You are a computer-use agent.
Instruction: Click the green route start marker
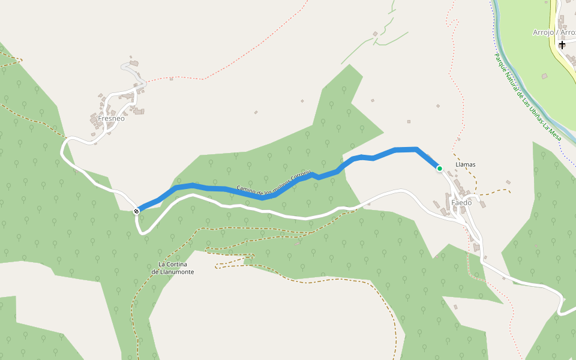[439, 169]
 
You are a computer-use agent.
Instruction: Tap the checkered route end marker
[137, 211]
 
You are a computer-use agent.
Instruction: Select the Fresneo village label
[111, 119]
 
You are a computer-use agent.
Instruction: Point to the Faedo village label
[461, 203]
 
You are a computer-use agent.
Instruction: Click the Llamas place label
[466, 164]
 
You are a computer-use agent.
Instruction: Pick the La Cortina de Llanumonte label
[173, 268]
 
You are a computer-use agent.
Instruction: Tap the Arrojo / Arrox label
[554, 32]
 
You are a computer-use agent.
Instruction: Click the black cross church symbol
[562, 44]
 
